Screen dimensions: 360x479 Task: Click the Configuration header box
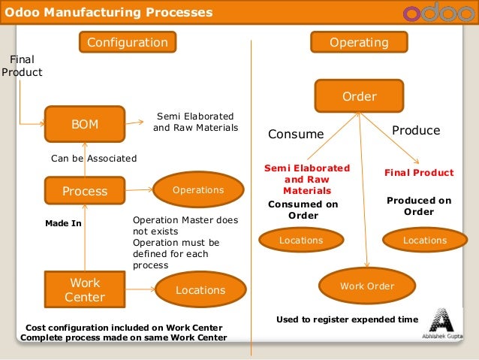[127, 43]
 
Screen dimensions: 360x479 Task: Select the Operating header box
[359, 43]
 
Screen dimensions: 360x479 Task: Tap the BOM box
[84, 124]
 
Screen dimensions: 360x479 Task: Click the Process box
[84, 192]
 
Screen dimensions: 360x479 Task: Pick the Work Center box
[84, 290]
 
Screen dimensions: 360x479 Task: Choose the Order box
[359, 96]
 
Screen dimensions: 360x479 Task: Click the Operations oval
[198, 190]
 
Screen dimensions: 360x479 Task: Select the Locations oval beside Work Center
[200, 290]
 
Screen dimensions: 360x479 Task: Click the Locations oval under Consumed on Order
[300, 241]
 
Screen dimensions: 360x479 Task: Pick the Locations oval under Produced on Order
[424, 241]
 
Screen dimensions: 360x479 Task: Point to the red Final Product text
[419, 173]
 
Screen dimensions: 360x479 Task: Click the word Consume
[296, 135]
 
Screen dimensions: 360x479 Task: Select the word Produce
[416, 131]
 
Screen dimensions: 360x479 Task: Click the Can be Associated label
[93, 159]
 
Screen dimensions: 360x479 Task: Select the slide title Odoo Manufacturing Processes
[109, 13]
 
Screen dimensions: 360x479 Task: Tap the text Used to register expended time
[347, 319]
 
